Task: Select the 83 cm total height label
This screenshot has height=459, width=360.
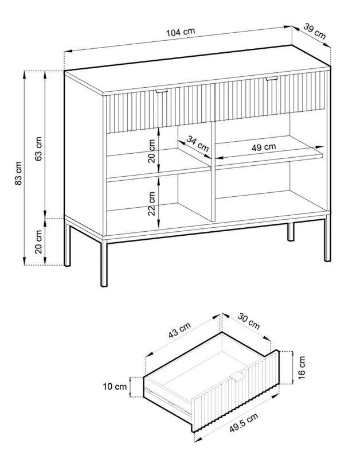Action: tap(18, 173)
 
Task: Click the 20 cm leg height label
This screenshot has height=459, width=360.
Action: tap(38, 242)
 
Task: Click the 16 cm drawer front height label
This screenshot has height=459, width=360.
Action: tap(302, 366)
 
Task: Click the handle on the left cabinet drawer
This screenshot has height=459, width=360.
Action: tap(161, 91)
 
